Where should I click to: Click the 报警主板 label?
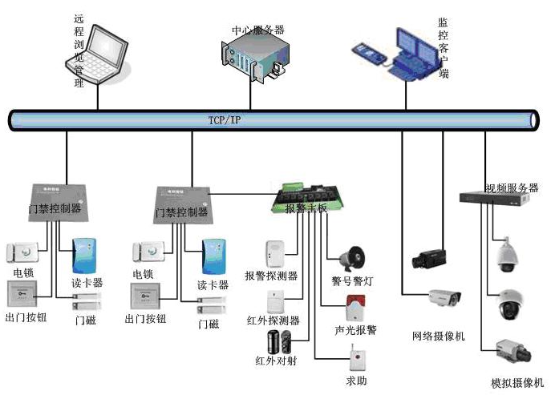pos(306,209)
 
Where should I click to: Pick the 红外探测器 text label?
pos(273,320)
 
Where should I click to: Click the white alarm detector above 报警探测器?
pos(273,253)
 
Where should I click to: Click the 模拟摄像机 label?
pos(517,382)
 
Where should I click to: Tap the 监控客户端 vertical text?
pos(444,48)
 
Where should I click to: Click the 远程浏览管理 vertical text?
pos(78,50)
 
